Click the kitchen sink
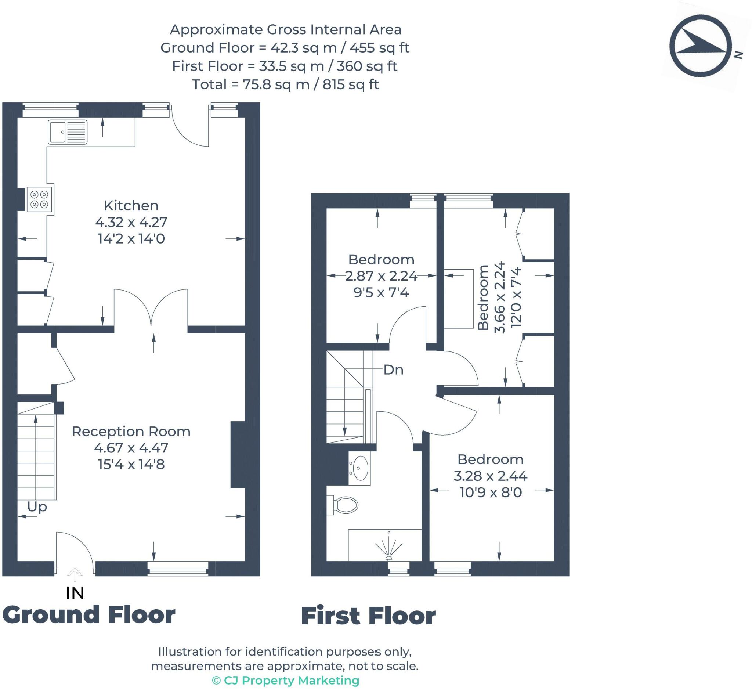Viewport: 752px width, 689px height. [68, 132]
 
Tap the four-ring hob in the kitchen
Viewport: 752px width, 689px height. [39, 199]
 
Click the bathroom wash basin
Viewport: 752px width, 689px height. [359, 468]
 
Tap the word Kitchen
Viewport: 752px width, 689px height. [131, 206]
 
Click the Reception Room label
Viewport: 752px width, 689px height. [131, 432]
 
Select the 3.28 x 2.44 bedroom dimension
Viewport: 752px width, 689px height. [490, 476]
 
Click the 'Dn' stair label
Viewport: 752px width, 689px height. [394, 370]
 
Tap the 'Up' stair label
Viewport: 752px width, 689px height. [37, 507]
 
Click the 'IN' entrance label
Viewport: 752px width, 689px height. [75, 593]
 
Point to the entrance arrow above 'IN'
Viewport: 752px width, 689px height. [75, 574]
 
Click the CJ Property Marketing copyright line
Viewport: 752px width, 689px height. [285, 680]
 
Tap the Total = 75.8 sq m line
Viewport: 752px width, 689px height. [285, 85]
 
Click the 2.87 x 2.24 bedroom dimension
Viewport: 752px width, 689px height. [381, 276]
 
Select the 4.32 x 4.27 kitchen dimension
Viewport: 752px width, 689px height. [131, 222]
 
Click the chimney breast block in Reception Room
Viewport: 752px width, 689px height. [238, 454]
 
